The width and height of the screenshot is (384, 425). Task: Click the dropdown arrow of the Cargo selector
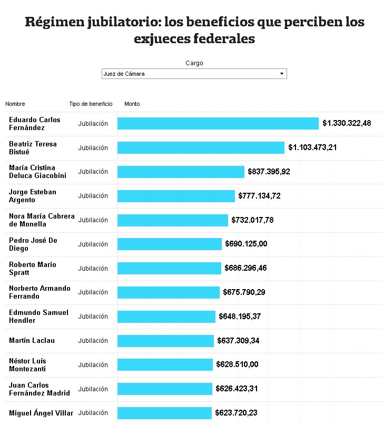[282, 74]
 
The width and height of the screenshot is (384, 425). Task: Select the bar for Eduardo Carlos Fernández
[218, 123]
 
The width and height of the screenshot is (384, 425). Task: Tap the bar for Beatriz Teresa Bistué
[201, 147]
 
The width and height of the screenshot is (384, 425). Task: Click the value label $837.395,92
[271, 172]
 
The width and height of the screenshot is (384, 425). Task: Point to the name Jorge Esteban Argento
[33, 196]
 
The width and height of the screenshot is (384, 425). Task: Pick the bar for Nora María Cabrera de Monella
[173, 220]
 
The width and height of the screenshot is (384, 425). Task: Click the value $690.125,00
[246, 244]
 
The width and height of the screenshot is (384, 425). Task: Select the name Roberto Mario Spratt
[33, 268]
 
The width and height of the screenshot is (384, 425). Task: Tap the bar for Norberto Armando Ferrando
[168, 292]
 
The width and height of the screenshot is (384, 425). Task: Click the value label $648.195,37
[239, 317]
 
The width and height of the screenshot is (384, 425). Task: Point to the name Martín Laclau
[32, 341]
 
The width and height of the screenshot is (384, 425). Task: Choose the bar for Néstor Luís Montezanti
[165, 364]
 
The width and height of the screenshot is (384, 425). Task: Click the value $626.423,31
[237, 389]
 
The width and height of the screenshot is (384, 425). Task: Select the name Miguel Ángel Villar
[41, 413]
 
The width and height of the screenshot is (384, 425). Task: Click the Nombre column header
[15, 104]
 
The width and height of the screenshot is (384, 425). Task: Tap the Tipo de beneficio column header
[91, 104]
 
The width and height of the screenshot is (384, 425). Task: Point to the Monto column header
[132, 104]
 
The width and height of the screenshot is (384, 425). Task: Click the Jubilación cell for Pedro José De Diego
[93, 244]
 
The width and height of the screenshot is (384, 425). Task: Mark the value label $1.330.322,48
[347, 123]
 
